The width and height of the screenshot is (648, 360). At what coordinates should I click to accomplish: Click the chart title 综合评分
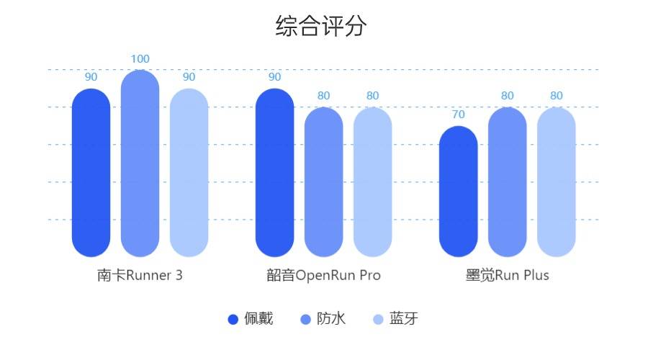point(321,27)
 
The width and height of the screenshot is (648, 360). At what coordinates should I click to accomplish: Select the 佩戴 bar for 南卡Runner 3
point(91,173)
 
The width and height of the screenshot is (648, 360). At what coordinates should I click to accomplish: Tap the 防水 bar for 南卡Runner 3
point(140,163)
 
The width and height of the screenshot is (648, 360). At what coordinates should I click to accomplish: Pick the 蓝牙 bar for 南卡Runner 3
point(189,173)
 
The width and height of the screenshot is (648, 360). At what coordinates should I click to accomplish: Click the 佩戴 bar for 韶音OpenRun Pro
point(275,173)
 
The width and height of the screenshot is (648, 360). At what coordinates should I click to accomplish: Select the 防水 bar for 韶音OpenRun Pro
point(324,182)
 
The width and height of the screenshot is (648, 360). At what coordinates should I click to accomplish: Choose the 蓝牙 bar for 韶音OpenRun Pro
point(373,182)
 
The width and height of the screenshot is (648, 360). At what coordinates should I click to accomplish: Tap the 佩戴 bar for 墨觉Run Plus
point(459,192)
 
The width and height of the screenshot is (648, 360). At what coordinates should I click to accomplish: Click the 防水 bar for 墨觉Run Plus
point(508,182)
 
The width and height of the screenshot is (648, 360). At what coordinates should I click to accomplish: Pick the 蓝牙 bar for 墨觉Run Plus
point(557,182)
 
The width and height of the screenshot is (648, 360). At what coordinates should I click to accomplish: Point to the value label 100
point(140,59)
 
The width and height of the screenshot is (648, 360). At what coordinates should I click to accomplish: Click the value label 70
point(459,114)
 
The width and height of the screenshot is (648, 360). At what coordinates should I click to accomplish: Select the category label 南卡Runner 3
point(140,276)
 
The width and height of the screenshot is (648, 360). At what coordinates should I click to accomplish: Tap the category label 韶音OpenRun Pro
point(323,276)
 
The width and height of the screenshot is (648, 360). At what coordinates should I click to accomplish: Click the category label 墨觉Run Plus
point(507,276)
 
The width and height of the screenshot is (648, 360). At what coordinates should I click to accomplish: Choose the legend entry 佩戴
point(251,319)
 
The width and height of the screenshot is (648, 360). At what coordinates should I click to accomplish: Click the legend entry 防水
point(323,319)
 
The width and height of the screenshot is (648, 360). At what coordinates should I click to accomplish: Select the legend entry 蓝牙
point(395,319)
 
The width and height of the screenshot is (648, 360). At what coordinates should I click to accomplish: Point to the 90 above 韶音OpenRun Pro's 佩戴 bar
point(275,77)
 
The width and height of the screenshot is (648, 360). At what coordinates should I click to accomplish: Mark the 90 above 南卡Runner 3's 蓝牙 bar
point(189,77)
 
